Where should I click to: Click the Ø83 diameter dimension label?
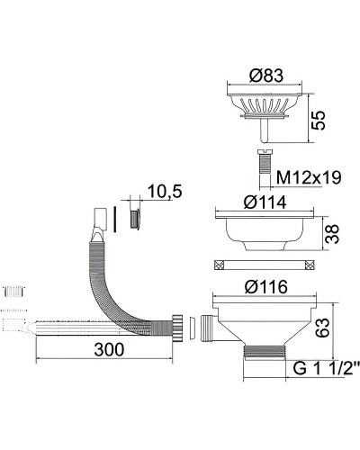coord(266,75)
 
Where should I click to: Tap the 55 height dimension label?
coord(318,121)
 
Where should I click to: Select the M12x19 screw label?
coord(309,177)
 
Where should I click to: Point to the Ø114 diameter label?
coord(265,202)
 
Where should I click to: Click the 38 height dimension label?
coord(332,234)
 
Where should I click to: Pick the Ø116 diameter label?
coord(265,287)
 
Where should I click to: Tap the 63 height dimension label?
coord(322,328)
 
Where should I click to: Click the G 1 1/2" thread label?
coord(326,368)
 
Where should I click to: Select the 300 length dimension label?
coord(109,349)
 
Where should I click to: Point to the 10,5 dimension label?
coord(165,192)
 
